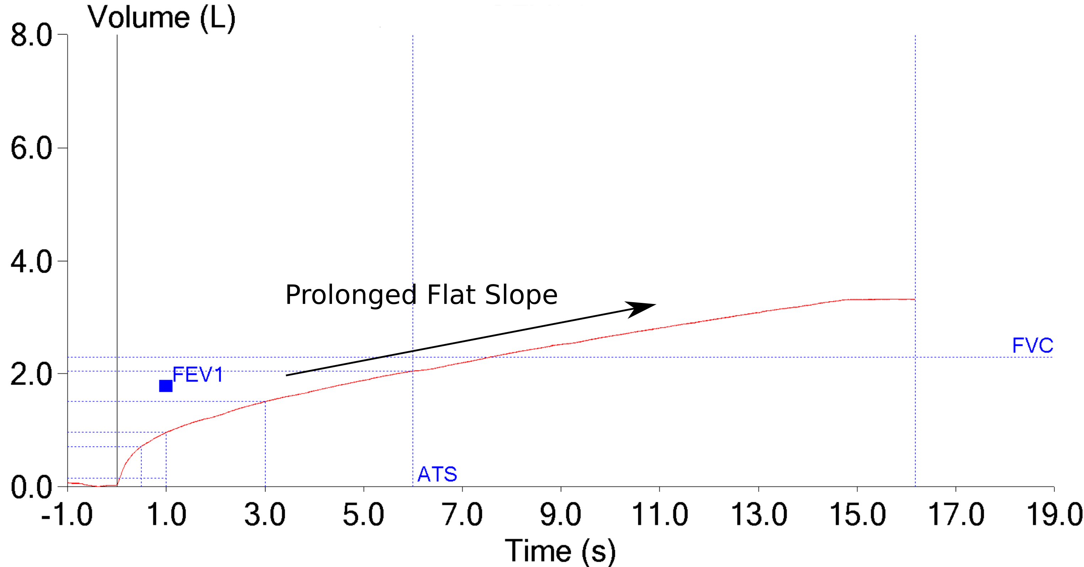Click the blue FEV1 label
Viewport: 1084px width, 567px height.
coord(197,374)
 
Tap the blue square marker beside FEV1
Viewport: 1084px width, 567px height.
coord(166,386)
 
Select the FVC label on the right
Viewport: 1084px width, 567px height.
coord(1032,346)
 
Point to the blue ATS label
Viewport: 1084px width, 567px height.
coord(437,474)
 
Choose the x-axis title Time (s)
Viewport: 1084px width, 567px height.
coord(560,551)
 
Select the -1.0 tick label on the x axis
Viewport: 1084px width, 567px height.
coord(67,514)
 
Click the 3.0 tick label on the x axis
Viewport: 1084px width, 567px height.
coord(265,514)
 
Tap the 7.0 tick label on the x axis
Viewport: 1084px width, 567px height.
coord(462,514)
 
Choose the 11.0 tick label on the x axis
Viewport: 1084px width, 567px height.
coord(659,514)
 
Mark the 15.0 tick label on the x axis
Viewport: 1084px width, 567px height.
coord(857,514)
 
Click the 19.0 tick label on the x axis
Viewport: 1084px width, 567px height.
coord(1054,514)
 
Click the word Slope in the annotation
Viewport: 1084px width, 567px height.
coord(521,295)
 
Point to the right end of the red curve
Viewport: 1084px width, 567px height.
coord(914,299)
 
